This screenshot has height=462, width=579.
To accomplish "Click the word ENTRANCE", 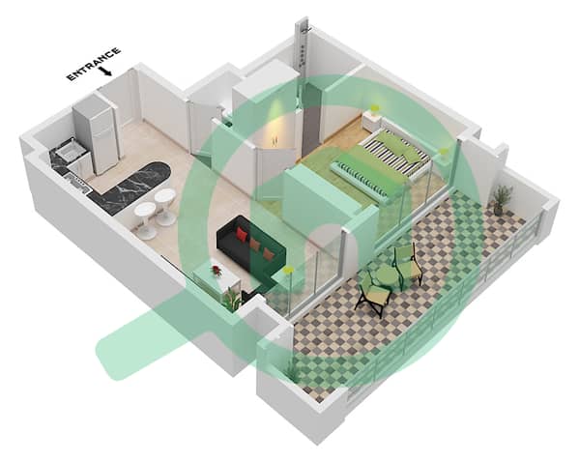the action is click(94, 63).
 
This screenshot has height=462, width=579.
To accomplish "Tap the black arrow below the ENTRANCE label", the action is click(106, 71).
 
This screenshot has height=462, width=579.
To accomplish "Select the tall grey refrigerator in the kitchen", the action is click(96, 133).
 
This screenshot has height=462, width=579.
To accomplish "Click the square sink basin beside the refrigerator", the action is click(69, 152).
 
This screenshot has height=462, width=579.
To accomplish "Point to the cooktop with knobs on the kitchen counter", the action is click(77, 182).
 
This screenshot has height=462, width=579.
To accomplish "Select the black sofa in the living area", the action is click(251, 248).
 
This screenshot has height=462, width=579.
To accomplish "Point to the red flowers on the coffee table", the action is click(216, 271).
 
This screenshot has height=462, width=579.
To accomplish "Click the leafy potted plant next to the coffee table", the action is click(233, 299).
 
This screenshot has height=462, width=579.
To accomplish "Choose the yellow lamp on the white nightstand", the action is click(375, 110).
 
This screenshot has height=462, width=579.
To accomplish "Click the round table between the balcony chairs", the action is click(386, 275).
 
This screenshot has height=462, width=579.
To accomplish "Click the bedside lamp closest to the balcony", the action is click(443, 152).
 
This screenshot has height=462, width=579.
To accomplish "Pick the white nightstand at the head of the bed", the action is click(371, 120).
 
